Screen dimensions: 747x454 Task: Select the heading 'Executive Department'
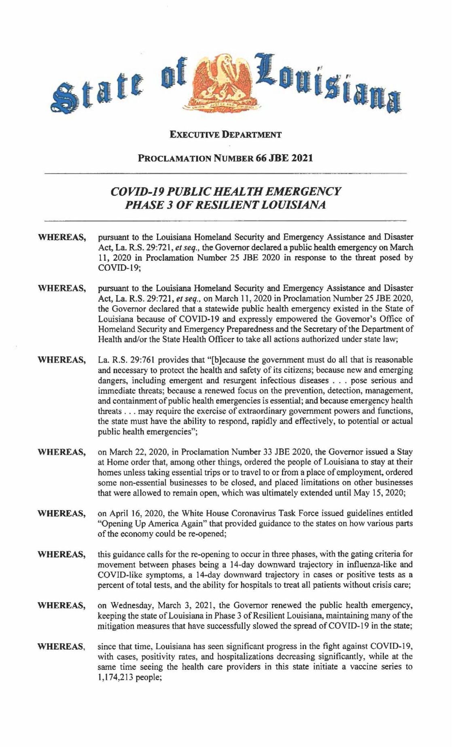click(225, 135)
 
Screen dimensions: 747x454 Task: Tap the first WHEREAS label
click(62, 237)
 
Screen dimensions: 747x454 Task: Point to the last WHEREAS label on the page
click(62, 646)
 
